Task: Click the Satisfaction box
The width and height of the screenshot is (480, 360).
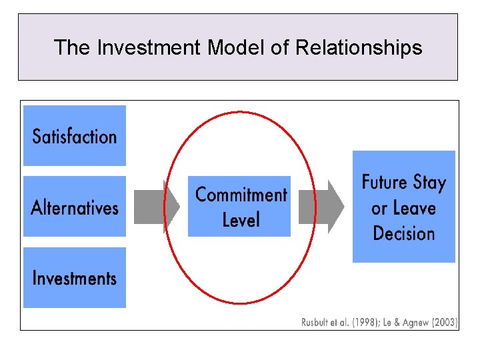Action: pyautogui.click(x=74, y=135)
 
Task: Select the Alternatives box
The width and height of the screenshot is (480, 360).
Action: pyautogui.click(x=74, y=206)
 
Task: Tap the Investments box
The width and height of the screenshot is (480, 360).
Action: pyautogui.click(x=74, y=277)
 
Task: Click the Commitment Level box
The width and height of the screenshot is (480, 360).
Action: pyautogui.click(x=239, y=206)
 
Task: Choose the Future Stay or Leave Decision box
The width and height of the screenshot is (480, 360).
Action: pyautogui.click(x=403, y=206)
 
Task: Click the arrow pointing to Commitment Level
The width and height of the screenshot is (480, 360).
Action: pyautogui.click(x=157, y=206)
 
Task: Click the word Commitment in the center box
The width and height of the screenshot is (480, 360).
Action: pyautogui.click(x=241, y=195)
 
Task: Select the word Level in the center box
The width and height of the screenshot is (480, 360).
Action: pyautogui.click(x=241, y=219)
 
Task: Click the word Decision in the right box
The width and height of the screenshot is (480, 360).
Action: pyautogui.click(x=404, y=233)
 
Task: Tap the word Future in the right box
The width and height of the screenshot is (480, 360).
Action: pyautogui.click(x=385, y=182)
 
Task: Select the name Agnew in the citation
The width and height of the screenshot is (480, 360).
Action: pyautogui.click(x=415, y=323)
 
